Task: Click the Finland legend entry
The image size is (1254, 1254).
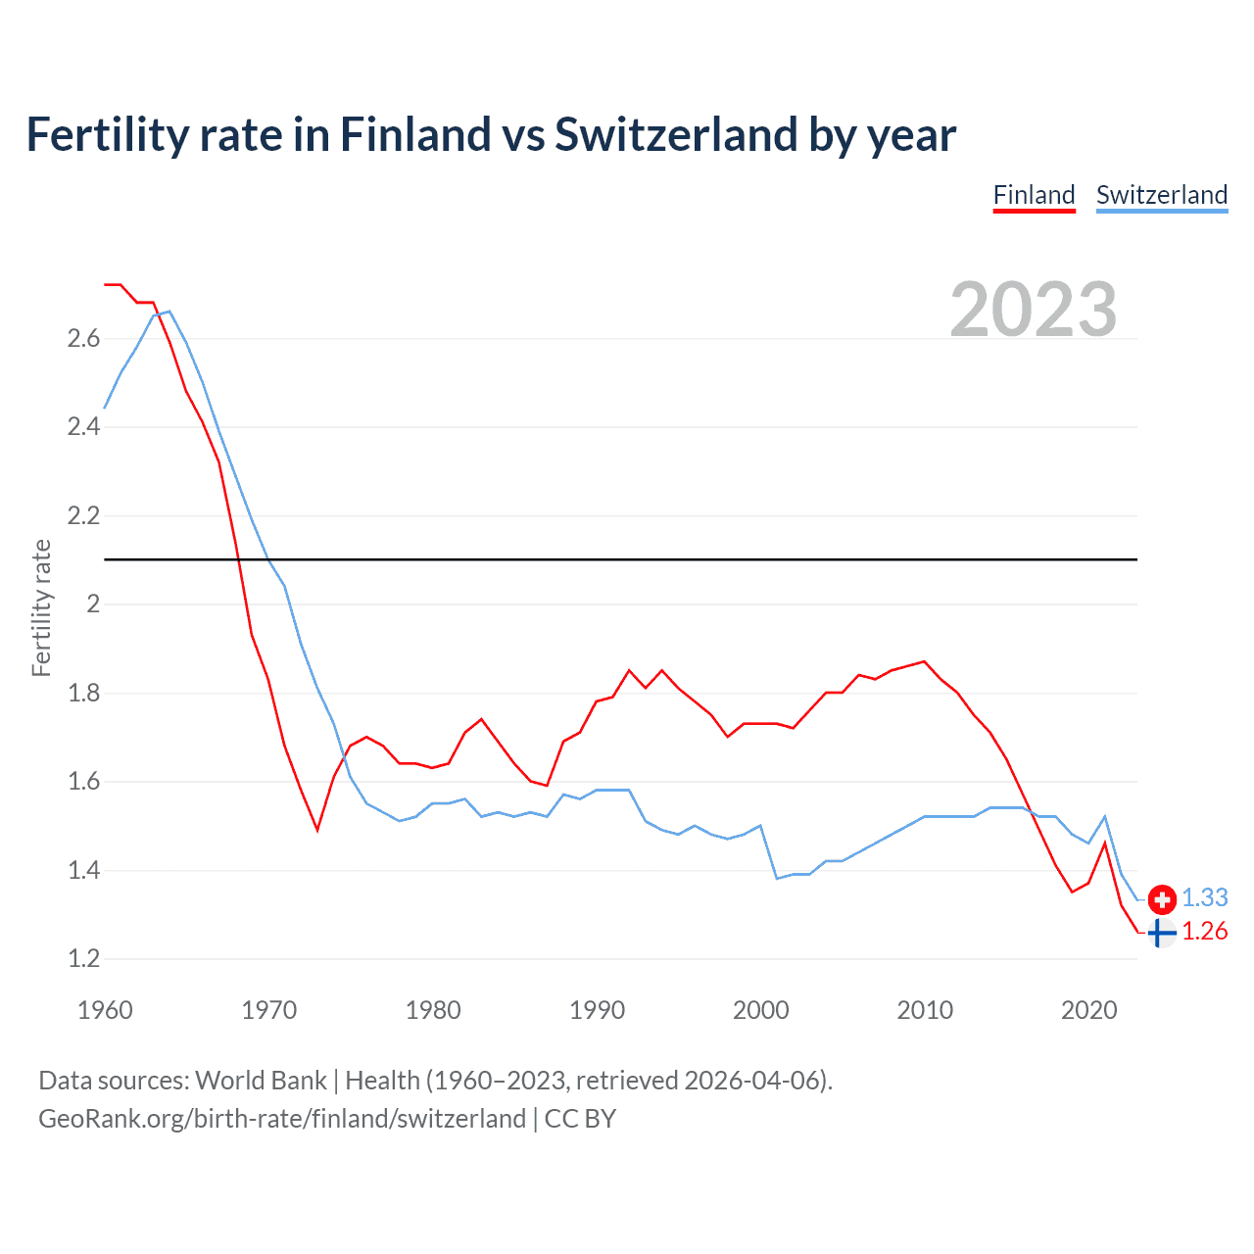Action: [1034, 195]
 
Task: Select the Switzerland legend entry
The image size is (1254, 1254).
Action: [1161, 195]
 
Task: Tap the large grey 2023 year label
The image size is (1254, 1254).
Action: [1033, 310]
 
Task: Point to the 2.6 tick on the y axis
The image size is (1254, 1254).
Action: [83, 339]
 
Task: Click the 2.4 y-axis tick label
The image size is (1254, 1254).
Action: [83, 427]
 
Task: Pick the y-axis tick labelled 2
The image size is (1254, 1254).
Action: [93, 604]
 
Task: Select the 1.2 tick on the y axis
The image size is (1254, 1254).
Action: [83, 959]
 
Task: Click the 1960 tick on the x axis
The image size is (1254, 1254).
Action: [105, 1010]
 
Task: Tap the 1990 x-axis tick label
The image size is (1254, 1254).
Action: [597, 1010]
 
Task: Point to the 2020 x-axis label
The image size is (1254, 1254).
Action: [1088, 1010]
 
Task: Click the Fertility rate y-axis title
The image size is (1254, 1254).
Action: [41, 607]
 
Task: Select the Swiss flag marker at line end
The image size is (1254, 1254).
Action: [1162, 898]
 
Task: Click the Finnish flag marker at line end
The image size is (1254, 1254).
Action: [1161, 934]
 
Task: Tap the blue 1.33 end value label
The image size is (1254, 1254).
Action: [1204, 897]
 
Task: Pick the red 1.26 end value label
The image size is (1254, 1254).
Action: [1204, 931]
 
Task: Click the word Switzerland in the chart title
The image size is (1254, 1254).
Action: [676, 135]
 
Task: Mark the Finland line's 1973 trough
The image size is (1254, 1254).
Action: [317, 830]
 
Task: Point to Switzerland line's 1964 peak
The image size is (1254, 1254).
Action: [169, 312]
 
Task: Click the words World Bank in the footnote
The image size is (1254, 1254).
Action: [261, 1081]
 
